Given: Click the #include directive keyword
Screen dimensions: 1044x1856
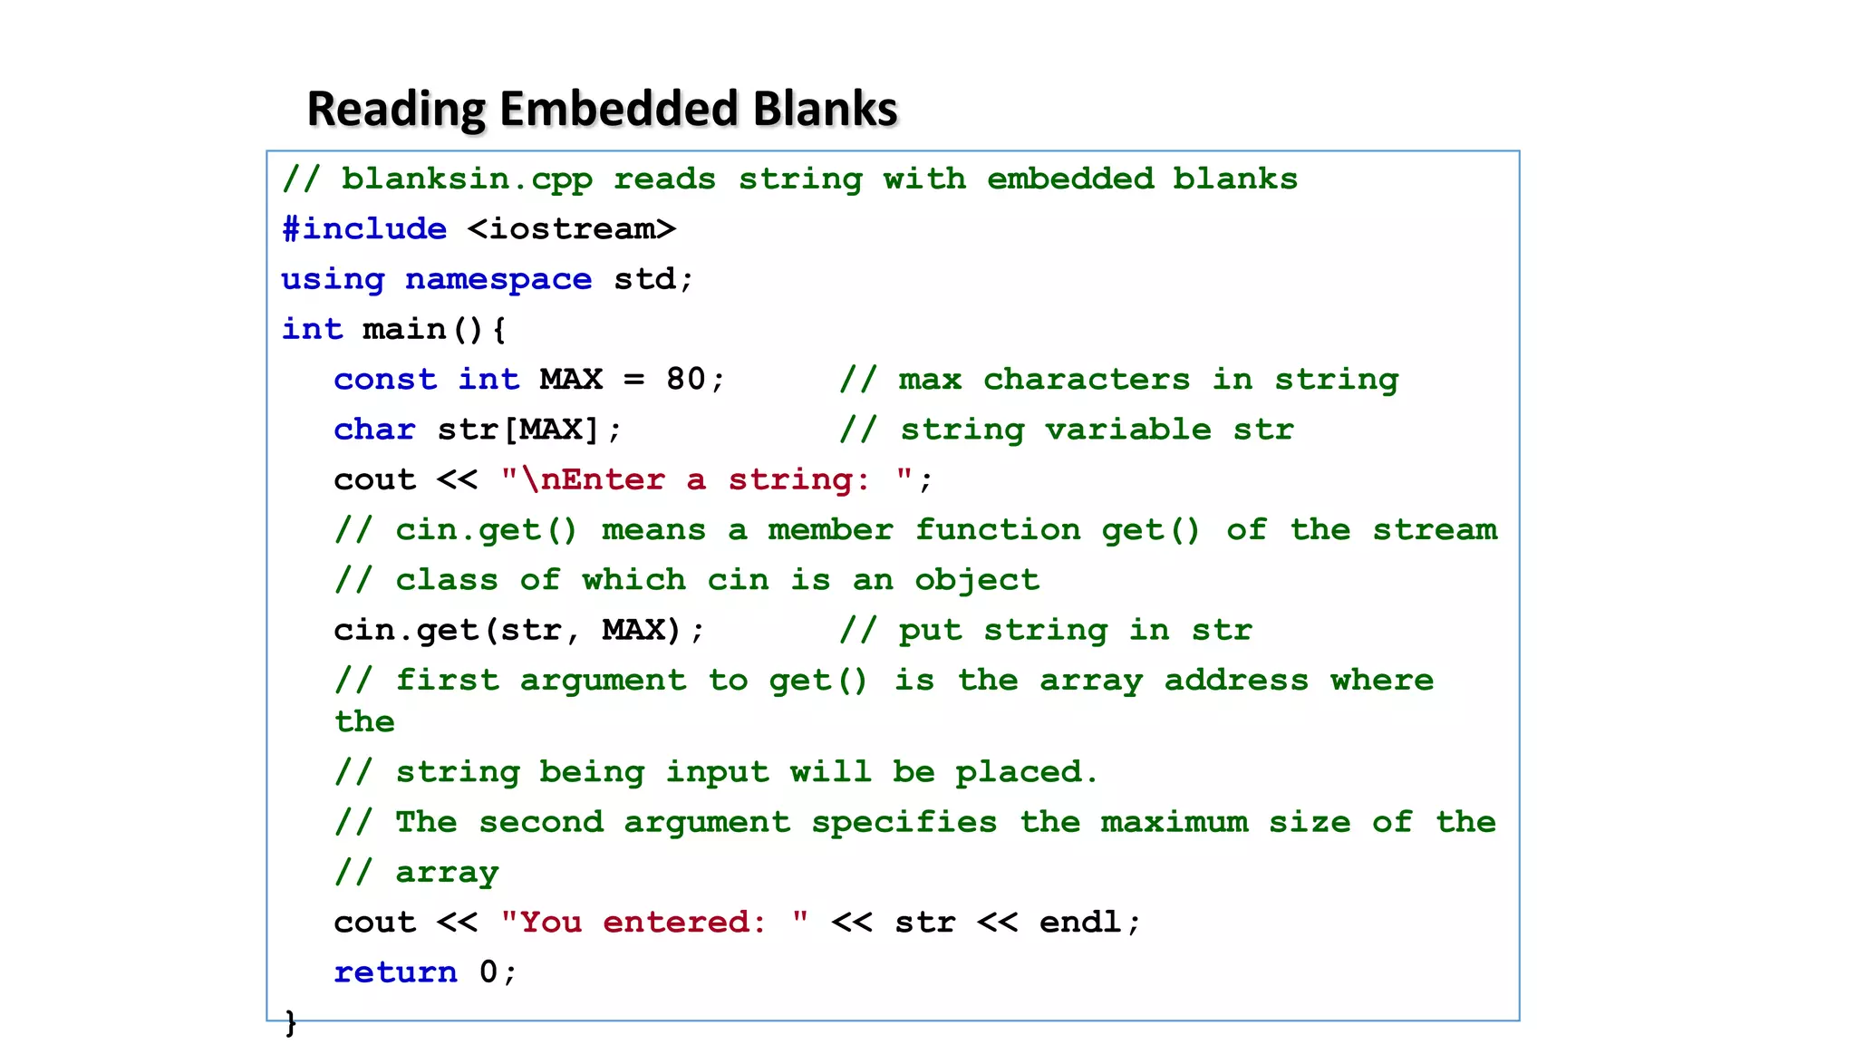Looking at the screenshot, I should coord(364,228).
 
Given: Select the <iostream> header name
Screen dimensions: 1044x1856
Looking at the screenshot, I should coord(572,228).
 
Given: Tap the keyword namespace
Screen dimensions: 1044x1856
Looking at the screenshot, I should coord(498,279).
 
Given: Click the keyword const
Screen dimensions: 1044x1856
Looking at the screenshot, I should coord(385,379).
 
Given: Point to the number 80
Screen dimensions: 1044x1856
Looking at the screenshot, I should coord(686,379).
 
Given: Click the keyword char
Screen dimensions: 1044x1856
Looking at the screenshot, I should coord(374,429).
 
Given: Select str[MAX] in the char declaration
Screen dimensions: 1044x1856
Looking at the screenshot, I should coord(518,429).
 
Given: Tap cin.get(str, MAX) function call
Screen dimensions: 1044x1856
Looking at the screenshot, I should coord(507,630).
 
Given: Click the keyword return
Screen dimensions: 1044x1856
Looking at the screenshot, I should coord(396,971).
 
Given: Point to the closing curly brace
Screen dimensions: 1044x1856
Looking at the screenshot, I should coord(291,1022).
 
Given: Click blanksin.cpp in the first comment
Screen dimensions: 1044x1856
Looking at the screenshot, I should coord(467,179).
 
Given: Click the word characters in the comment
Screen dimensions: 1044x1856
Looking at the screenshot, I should coord(1087,379).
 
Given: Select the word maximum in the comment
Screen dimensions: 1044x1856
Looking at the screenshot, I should coord(1174,822).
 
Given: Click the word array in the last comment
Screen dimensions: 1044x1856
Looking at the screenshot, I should coord(447,872).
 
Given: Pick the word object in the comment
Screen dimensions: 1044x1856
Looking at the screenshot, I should coord(977,580).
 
